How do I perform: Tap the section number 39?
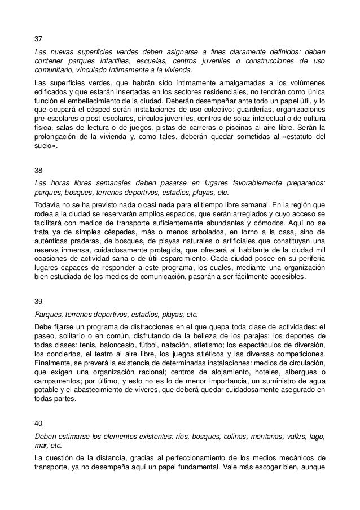pyautogui.click(x=38, y=302)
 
